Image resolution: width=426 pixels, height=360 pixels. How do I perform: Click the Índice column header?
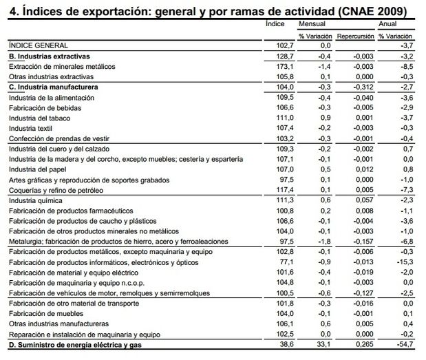[x=275, y=23]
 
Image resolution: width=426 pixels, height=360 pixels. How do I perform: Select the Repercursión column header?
[x=355, y=34]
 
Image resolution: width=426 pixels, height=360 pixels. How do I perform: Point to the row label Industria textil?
[x=32, y=128]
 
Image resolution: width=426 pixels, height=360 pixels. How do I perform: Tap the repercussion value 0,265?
[x=363, y=343]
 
